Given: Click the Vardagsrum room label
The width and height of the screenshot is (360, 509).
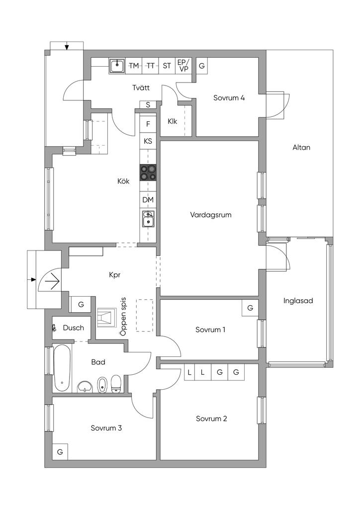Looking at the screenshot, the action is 211,215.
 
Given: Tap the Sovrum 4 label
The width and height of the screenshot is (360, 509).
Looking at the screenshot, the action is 229,98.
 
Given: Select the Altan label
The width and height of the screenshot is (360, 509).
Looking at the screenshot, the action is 301,147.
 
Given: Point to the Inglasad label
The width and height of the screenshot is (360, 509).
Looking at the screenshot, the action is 298,301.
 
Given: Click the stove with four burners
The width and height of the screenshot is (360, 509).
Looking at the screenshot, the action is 148,172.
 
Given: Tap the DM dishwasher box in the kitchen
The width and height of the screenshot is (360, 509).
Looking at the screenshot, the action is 148,200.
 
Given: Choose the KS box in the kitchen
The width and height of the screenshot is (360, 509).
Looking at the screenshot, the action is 148,141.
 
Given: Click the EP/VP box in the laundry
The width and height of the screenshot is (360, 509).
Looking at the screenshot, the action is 183,66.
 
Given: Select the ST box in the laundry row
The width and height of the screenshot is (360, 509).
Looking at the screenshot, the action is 167,66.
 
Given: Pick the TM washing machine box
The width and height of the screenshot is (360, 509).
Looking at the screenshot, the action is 134,66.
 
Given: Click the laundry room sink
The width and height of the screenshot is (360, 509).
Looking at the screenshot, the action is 117,66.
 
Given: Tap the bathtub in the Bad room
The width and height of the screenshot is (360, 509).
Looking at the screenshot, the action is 62,368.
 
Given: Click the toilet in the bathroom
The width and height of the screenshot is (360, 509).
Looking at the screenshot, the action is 116,384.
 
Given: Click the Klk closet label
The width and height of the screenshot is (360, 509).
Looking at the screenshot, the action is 173,121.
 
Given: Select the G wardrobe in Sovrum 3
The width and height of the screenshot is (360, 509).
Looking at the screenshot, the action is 60,451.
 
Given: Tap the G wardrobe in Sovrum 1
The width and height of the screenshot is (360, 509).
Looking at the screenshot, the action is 250,308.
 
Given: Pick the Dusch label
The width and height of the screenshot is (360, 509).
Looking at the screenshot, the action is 74,328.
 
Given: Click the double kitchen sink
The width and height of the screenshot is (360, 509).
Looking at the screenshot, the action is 148,219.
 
